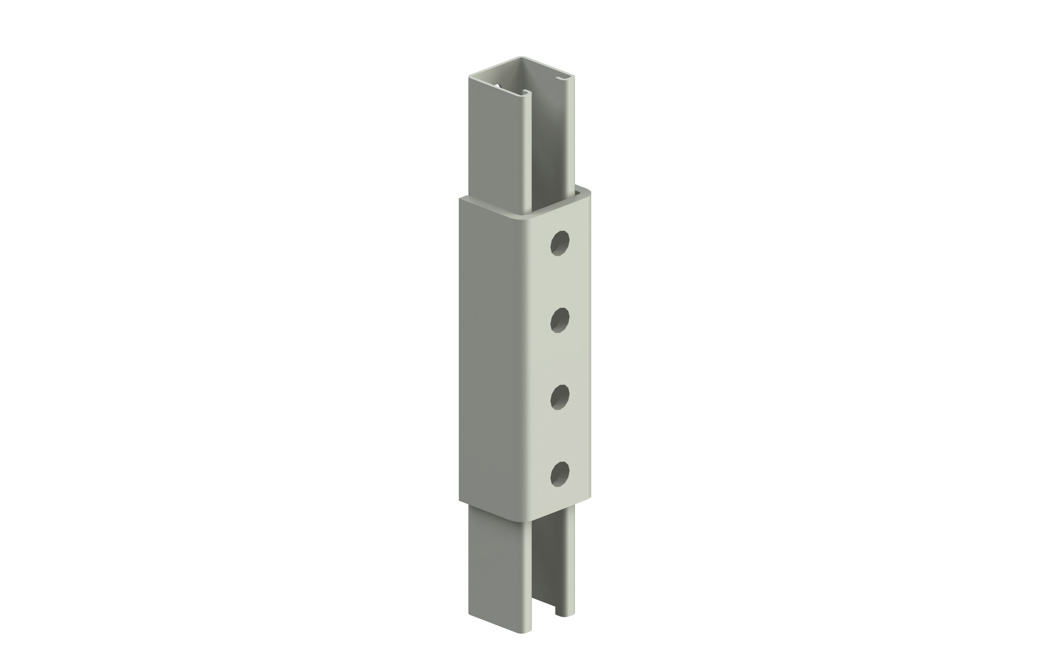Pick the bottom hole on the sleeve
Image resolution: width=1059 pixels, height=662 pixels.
pos(560,474)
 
